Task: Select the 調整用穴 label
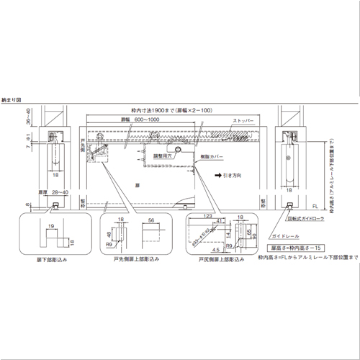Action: coord(161,154)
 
